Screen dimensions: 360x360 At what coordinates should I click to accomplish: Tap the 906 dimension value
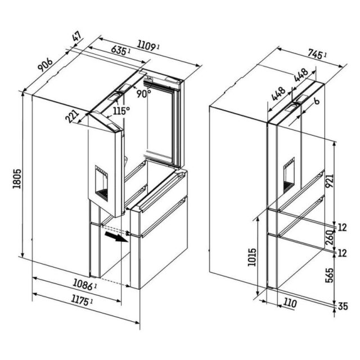tap(45, 65)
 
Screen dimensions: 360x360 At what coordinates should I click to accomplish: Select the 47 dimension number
tap(76, 36)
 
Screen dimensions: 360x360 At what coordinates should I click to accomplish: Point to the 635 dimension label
tap(120, 50)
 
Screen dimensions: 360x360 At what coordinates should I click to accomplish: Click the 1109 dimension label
tap(147, 46)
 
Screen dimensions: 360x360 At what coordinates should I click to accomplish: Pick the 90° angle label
tap(144, 93)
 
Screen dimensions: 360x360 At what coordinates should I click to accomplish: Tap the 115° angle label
tap(121, 111)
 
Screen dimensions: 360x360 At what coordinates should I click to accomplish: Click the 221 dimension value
tap(72, 116)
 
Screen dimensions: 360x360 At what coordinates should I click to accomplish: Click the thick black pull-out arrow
tap(116, 237)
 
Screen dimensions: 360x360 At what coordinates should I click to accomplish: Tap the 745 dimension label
tap(317, 55)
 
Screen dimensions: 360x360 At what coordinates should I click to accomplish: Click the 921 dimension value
tap(330, 181)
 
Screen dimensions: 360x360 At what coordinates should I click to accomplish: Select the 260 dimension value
tap(329, 237)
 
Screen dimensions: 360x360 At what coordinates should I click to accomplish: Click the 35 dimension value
tap(343, 307)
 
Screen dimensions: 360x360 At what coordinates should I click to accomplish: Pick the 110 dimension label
tap(290, 303)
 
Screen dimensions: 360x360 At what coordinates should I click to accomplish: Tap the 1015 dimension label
tap(251, 257)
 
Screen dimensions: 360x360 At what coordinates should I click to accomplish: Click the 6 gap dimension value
tap(317, 101)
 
